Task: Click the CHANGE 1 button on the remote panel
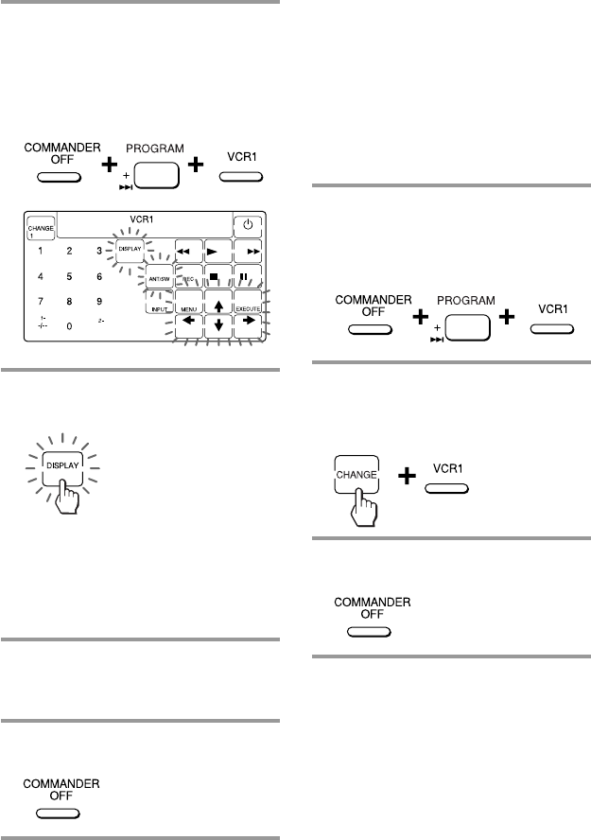(43, 227)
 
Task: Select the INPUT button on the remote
(158, 308)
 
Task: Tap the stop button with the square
(219, 280)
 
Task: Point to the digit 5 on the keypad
(69, 278)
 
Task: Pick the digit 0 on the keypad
(69, 326)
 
